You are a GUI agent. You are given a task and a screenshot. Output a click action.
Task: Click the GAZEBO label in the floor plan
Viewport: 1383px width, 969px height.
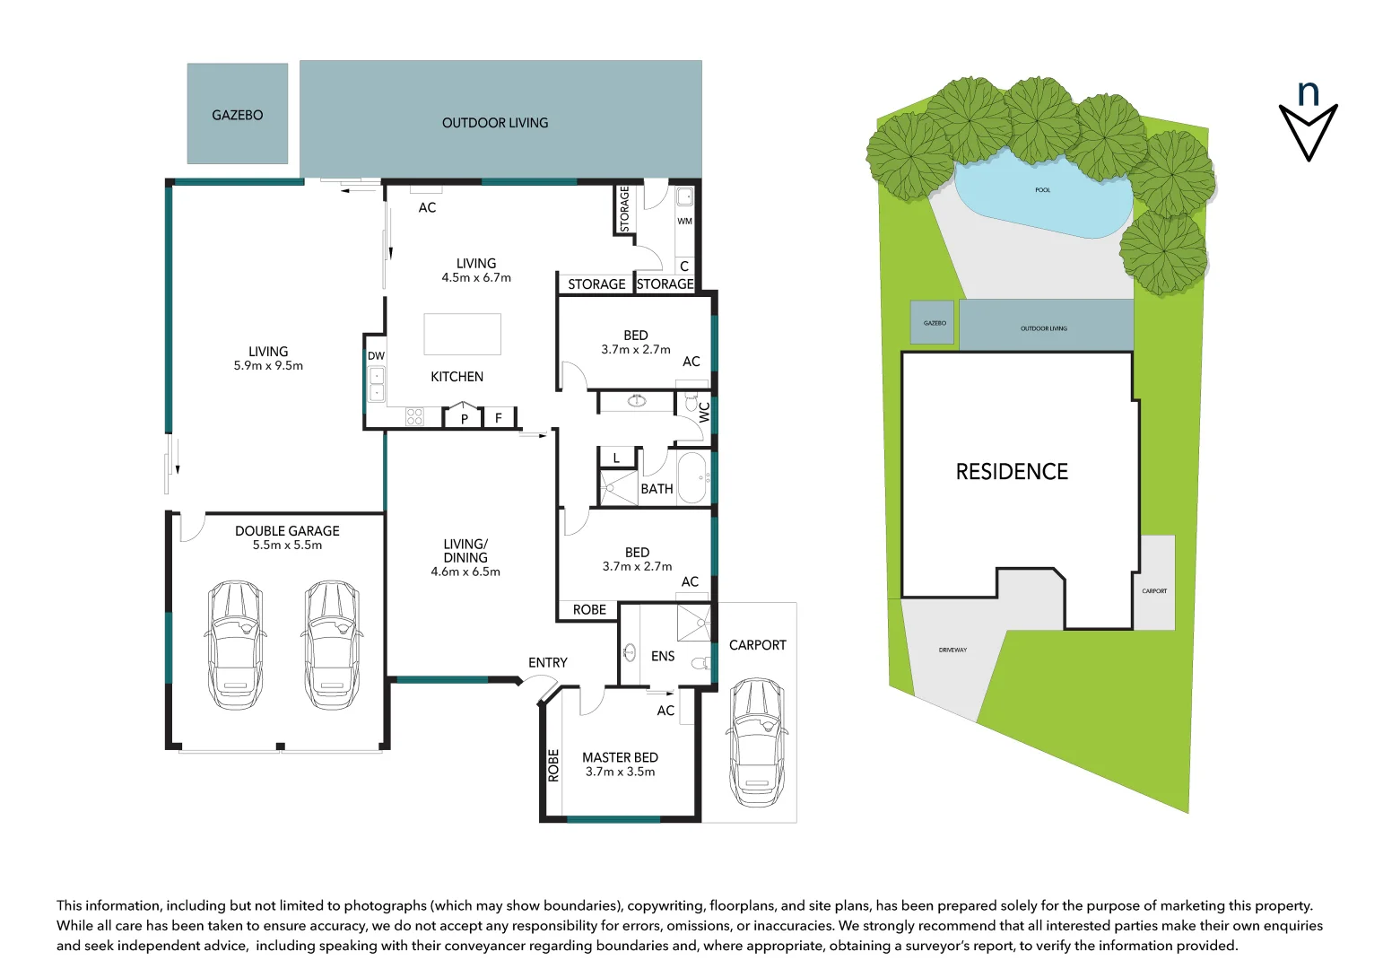pos(237,115)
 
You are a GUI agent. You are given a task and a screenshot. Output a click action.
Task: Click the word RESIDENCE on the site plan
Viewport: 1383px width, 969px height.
pos(1012,472)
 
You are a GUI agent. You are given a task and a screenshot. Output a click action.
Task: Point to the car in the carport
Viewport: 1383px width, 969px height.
pos(757,742)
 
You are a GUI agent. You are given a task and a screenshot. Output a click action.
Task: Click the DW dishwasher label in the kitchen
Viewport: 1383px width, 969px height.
pos(376,356)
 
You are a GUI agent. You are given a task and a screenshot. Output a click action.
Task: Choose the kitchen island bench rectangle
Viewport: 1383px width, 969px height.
pos(462,335)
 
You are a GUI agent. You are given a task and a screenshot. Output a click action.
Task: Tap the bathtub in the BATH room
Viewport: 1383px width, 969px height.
pos(692,478)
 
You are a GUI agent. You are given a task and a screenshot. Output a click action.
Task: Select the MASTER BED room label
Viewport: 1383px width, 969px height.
pos(620,757)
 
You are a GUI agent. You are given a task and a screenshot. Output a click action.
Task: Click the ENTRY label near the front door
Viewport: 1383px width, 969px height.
pos(547,662)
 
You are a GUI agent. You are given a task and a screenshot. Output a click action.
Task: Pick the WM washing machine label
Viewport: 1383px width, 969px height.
pos(684,221)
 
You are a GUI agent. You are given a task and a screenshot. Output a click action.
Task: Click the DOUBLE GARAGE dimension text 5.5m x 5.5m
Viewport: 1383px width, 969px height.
pos(287,545)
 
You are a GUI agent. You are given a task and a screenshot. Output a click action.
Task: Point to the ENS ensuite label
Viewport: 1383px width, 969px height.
pos(663,656)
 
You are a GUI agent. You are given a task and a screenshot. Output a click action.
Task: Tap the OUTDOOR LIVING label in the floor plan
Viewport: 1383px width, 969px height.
pos(495,123)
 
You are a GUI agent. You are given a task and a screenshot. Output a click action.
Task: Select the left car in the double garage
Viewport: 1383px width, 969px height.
pos(235,644)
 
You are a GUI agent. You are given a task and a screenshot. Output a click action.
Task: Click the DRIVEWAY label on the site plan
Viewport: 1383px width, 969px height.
pos(952,650)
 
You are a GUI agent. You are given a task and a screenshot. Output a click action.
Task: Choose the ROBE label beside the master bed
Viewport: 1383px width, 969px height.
pos(553,765)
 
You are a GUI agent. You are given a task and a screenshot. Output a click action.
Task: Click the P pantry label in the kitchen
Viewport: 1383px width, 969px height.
pos(465,419)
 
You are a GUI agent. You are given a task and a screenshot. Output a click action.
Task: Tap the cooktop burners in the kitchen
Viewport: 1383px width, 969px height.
pos(414,416)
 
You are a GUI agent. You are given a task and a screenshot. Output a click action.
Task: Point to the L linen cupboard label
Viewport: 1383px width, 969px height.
pos(616,458)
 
